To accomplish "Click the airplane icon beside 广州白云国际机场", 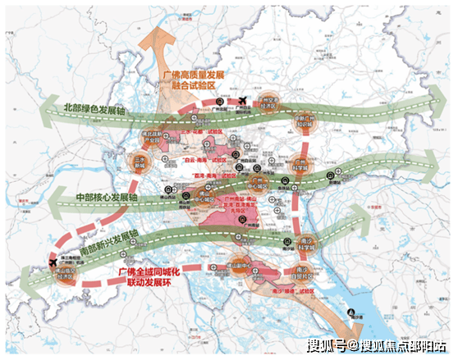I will [244, 101].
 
